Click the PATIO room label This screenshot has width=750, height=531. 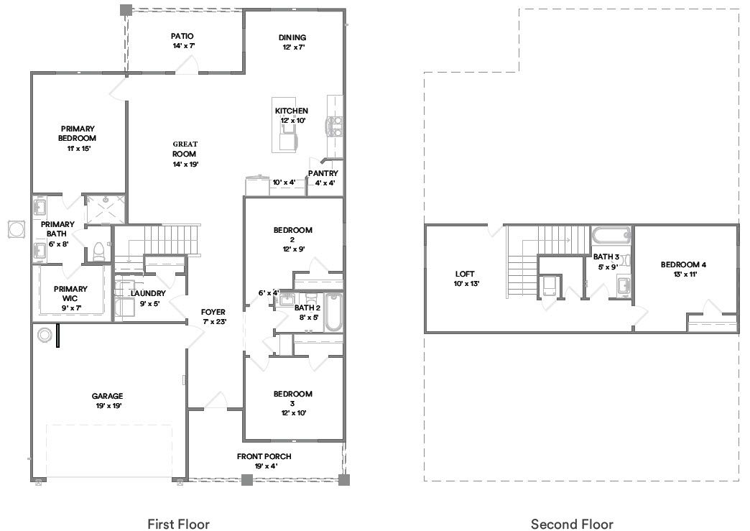click(182, 36)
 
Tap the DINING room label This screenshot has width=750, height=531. click(292, 37)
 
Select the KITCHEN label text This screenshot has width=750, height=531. click(292, 111)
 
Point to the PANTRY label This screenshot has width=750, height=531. click(323, 173)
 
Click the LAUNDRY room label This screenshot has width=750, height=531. click(148, 293)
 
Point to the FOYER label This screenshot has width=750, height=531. click(213, 312)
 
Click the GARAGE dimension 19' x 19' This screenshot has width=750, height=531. click(106, 406)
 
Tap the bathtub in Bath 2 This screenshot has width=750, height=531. click(333, 313)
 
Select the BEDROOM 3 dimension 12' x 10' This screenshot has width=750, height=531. click(292, 413)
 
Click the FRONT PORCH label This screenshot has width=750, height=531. click(264, 456)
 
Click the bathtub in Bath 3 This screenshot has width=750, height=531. click(611, 234)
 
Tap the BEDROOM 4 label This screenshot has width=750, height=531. click(688, 264)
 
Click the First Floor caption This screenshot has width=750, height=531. click(178, 524)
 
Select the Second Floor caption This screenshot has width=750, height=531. click(572, 524)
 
